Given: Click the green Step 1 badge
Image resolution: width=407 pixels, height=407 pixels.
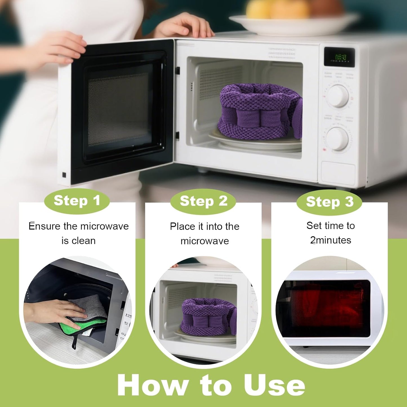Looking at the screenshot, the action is click(x=77, y=201).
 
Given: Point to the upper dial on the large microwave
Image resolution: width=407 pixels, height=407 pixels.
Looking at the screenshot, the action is click(x=337, y=96).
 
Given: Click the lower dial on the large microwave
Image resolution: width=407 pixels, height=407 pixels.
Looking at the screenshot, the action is click(x=337, y=139).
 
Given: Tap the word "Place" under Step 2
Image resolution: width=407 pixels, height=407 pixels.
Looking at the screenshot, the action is click(x=183, y=226).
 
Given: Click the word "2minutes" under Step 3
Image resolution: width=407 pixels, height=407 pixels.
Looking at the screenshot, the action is click(x=331, y=240).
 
